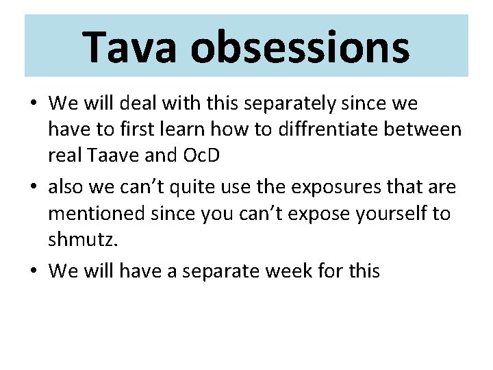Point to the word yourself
point(389,213)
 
